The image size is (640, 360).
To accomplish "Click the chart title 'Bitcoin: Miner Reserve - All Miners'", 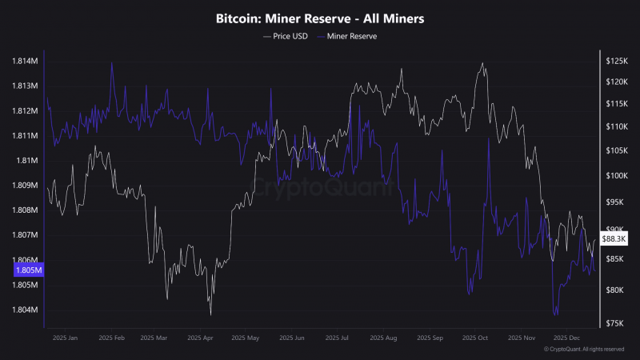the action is pos(320,18).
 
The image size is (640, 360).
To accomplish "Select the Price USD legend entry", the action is pos(286,36).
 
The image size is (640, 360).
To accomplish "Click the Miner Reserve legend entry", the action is pos(347,36).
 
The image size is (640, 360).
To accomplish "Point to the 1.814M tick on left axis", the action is pos(25,62).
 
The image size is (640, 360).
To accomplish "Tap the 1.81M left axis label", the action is pos(27,161).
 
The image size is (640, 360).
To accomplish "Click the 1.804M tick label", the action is pos(25,310).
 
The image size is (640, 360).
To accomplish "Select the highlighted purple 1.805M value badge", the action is pos(29,270).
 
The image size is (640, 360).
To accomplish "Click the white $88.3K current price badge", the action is pos(614,238).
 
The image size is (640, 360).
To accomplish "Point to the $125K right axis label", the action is pos(617,62).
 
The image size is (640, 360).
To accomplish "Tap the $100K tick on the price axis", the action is pos(617,176).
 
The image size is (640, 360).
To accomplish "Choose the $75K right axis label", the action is pos(614,323).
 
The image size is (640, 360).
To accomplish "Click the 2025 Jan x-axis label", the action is pos(65,338).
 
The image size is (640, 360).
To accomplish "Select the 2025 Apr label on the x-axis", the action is pos(200,338).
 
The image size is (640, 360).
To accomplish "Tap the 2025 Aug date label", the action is pos(383,338).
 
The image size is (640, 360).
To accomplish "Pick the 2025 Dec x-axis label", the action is pos(566,338).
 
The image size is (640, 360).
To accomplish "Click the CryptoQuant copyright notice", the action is pos(584,350).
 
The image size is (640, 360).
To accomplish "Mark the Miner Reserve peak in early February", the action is pos(112,63).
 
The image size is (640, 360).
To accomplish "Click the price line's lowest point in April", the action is pos(210,314).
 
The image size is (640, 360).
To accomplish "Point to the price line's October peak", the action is pos(483,63).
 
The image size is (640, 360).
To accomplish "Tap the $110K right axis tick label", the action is pos(617,127).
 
